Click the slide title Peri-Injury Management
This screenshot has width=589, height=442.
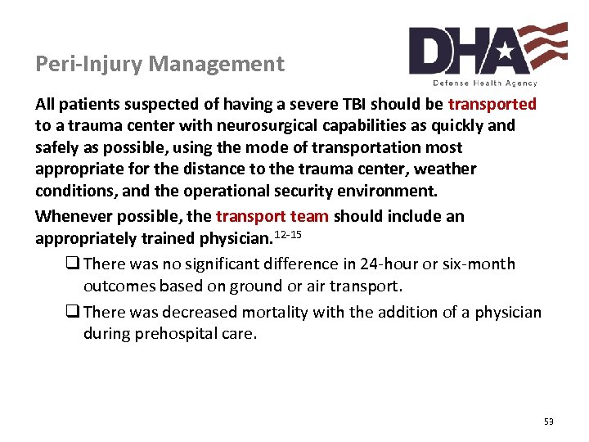click(x=160, y=64)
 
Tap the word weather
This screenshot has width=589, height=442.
click(x=446, y=169)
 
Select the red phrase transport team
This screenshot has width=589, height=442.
click(x=272, y=216)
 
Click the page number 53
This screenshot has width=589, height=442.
click(x=548, y=422)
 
